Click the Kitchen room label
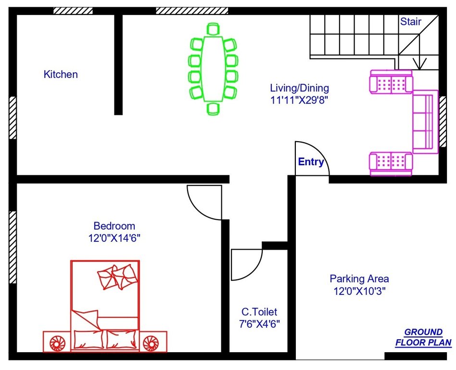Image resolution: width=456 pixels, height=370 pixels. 61,74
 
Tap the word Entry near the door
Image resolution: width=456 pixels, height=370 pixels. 311,162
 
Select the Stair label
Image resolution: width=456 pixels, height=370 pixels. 410,21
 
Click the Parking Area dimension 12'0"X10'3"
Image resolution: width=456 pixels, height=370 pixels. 359,291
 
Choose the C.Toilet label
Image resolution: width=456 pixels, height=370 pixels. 259,312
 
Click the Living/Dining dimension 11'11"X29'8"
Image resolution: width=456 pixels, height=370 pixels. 299,100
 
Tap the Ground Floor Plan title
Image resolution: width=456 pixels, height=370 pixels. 423,337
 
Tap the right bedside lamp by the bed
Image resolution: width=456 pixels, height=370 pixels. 150,343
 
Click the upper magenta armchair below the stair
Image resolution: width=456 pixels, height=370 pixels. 391,82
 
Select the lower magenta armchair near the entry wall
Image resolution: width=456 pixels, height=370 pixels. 391,164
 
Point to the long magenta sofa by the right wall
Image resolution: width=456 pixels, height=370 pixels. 425,121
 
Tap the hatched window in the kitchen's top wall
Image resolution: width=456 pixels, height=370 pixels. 73,11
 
